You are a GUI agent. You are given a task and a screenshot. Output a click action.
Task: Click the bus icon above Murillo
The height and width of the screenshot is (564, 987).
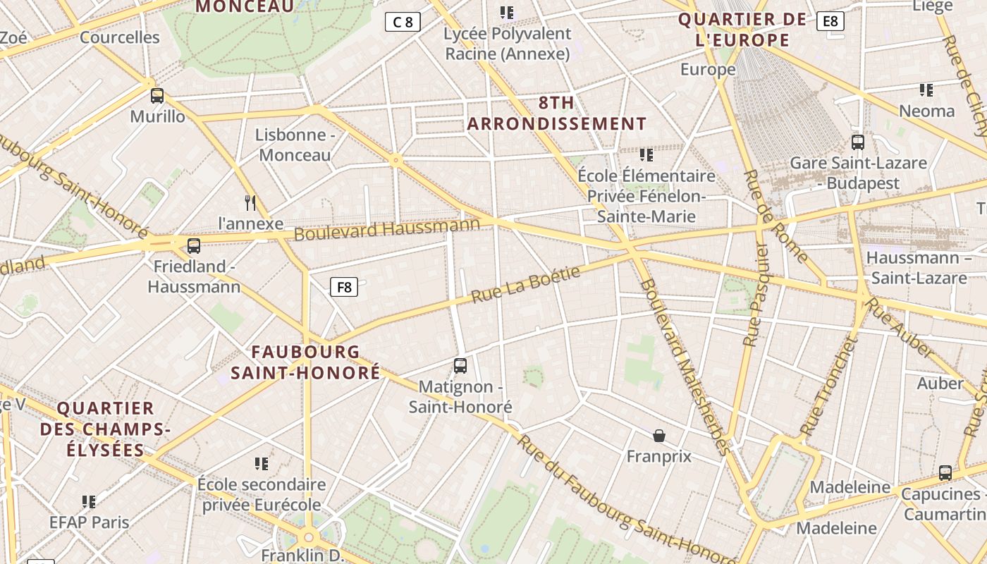point(157,96)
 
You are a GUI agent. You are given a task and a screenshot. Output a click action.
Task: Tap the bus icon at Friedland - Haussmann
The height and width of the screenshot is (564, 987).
point(194,246)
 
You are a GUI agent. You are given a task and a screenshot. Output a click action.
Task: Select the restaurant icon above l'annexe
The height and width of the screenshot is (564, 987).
point(250,203)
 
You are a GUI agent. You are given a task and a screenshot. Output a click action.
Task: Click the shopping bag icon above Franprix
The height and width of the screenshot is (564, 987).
point(659,436)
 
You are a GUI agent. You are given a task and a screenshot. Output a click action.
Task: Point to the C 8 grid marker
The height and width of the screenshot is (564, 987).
point(403,22)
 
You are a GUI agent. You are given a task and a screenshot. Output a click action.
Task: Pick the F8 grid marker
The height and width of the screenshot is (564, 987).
point(344,287)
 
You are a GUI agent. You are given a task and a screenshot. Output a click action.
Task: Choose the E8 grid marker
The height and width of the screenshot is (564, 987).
point(830,21)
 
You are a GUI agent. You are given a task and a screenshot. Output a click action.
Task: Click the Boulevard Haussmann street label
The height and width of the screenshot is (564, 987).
point(387,228)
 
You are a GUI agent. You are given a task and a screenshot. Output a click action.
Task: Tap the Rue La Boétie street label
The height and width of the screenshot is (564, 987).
point(526,284)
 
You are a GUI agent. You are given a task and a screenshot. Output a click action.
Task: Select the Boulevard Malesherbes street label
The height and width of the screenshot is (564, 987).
point(683,367)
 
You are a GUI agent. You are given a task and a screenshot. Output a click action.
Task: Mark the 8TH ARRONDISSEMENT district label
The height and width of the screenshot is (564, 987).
point(557,114)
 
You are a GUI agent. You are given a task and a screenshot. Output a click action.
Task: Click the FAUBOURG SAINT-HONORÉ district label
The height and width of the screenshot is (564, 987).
point(305,362)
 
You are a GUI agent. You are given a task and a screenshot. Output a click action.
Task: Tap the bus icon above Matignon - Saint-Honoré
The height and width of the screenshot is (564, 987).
point(460,366)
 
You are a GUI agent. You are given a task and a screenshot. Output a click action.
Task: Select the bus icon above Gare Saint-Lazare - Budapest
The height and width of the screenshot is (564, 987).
point(858,142)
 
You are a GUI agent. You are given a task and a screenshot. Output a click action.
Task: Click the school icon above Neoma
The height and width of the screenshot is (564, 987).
point(926,90)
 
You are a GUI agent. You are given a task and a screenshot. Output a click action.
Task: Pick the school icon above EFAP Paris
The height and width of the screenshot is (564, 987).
point(89,502)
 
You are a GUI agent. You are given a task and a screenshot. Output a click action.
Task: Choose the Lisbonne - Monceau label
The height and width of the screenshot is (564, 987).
point(295,145)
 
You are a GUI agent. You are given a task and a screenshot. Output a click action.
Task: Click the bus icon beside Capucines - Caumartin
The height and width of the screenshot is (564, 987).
point(945,472)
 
